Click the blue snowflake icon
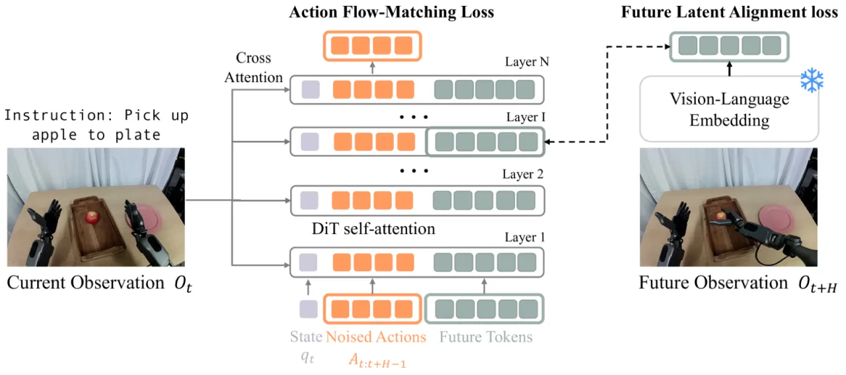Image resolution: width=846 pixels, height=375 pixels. click(x=812, y=80)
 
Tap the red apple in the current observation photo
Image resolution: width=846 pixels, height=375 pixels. click(x=92, y=218)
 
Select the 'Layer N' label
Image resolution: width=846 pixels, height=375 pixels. click(x=527, y=62)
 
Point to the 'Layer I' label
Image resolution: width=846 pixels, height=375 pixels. click(x=525, y=117)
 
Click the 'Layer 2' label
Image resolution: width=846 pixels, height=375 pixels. click(x=523, y=174)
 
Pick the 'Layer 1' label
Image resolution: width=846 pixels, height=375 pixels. click(x=525, y=237)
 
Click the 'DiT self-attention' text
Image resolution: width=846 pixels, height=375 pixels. click(x=373, y=229)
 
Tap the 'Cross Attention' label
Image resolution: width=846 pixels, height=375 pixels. click(x=253, y=67)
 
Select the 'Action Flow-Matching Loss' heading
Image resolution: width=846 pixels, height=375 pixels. click(x=392, y=12)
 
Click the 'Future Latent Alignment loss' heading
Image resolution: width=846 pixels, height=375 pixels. click(x=729, y=12)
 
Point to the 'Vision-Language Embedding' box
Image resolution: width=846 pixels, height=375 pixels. click(x=729, y=109)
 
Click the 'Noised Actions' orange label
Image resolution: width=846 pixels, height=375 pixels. click(x=376, y=337)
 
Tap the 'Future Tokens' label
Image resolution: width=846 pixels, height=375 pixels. click(x=486, y=337)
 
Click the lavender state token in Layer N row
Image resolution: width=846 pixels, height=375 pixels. click(x=311, y=89)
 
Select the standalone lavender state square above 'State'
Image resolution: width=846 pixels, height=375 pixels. click(x=309, y=309)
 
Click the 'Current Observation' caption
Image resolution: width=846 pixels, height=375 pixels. click(x=86, y=283)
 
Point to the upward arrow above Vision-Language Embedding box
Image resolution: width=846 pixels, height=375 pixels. click(x=729, y=69)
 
